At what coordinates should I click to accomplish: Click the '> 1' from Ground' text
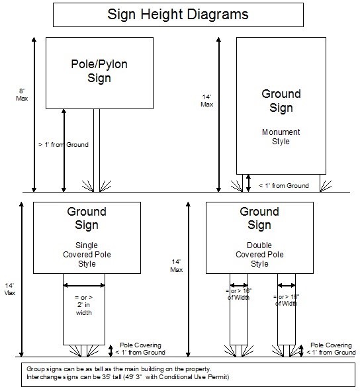63,144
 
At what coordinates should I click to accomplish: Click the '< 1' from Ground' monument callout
283,185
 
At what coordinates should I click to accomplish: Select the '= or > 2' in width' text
83,305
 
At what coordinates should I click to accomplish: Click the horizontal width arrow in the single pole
84,285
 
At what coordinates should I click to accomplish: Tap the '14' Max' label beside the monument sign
207,100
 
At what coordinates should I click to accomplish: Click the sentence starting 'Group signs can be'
119,368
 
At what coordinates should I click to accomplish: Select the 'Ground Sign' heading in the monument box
281,101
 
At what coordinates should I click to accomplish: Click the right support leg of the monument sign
322,181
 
